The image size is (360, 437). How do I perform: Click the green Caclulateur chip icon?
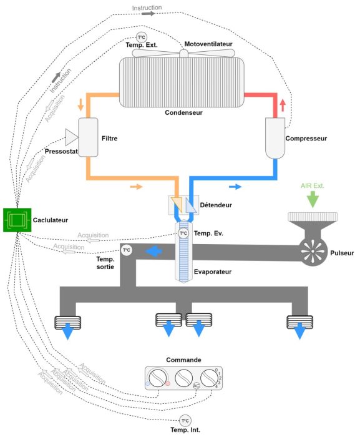16,220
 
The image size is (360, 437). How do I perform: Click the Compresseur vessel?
275,138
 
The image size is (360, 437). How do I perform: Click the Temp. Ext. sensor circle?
141,37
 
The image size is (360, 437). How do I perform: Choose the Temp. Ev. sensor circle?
183,233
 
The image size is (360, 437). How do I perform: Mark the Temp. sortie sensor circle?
126,250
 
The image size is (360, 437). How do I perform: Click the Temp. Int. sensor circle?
185,420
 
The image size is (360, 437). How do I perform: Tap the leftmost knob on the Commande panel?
158,378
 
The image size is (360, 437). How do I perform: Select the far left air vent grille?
66,323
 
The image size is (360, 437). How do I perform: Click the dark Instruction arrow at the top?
147,12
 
